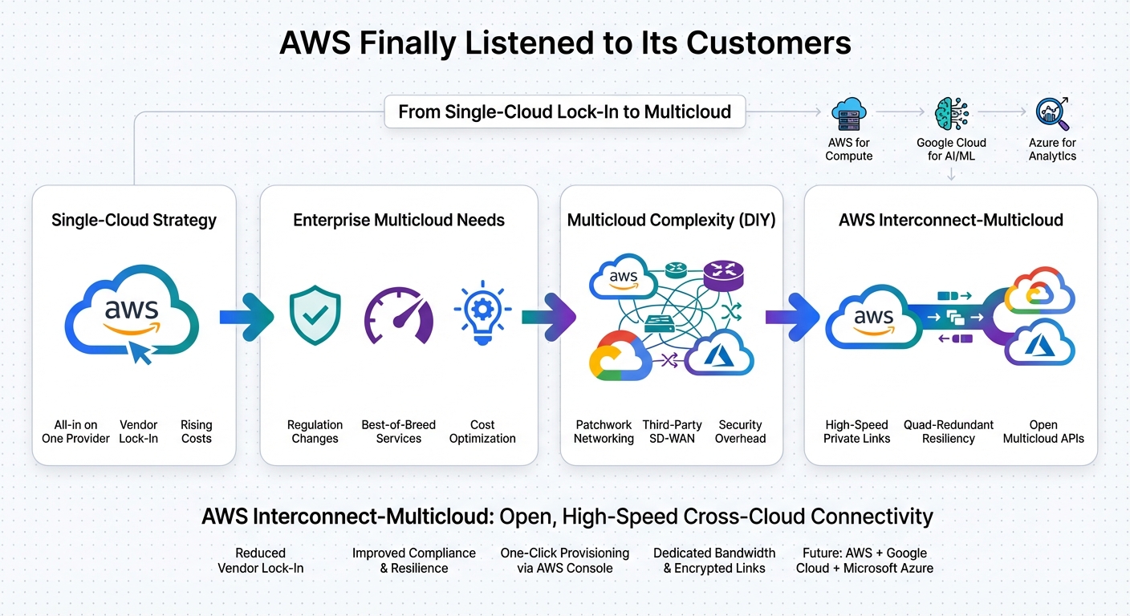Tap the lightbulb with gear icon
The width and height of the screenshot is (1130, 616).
[x=482, y=313]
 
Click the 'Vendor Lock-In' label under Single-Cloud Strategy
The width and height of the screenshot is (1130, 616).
[x=138, y=432]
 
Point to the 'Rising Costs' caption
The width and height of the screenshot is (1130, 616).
[x=196, y=432]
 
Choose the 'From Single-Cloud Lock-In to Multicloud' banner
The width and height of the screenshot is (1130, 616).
[x=564, y=111]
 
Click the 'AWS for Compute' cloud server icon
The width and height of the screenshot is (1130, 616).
[x=848, y=115]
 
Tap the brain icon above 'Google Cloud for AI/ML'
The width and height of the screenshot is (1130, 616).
[x=951, y=115]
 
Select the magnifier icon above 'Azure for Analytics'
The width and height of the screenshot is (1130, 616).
[x=1051, y=115]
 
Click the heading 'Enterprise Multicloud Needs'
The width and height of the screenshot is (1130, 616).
[x=399, y=220]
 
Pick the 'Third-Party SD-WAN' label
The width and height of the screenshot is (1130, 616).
[x=672, y=432]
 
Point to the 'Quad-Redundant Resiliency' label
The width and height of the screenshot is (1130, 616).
[x=949, y=432]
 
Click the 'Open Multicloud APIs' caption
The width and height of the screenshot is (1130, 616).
[x=1043, y=432]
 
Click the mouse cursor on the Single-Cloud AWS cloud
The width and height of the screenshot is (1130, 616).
[x=141, y=351]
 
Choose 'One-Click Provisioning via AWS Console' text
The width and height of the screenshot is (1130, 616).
[x=564, y=561]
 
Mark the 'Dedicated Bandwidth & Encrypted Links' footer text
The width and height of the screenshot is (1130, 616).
[x=714, y=561]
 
